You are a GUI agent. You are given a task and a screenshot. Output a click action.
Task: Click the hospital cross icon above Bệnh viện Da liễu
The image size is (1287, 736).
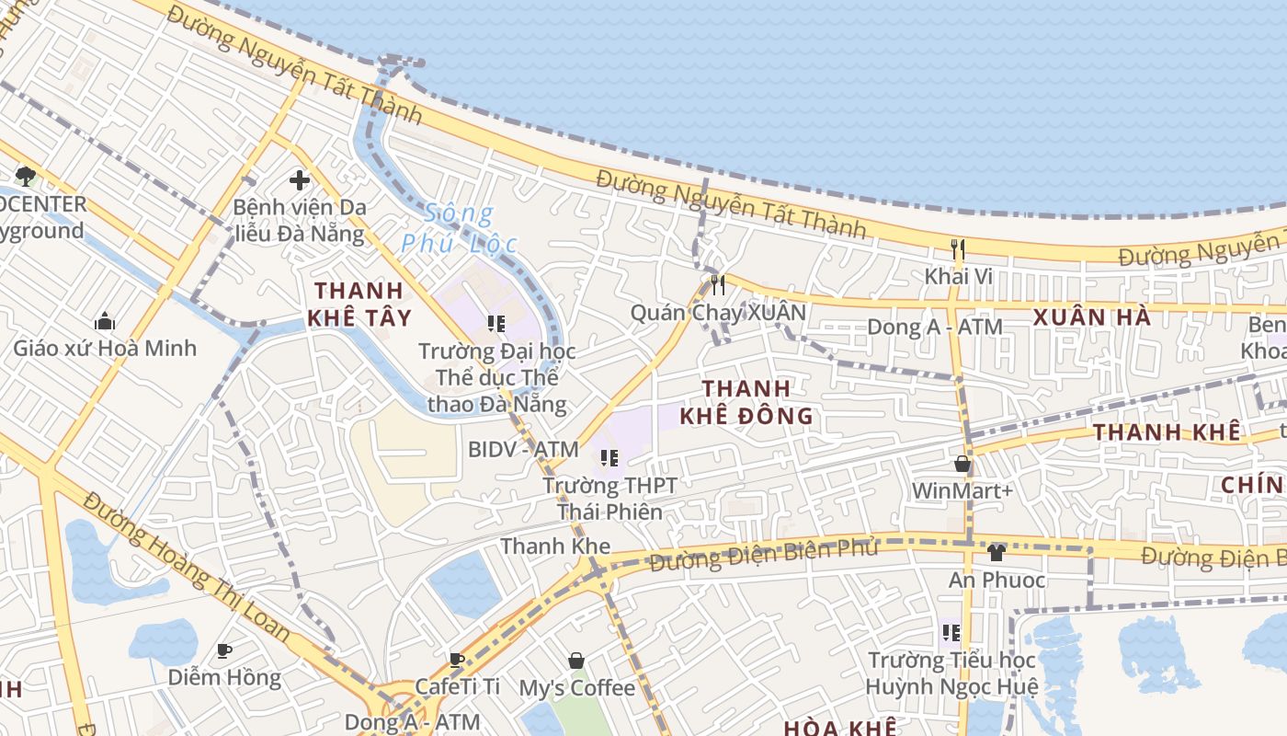(x=299, y=180)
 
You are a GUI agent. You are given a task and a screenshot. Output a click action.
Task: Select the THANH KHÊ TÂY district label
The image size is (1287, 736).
(x=361, y=305)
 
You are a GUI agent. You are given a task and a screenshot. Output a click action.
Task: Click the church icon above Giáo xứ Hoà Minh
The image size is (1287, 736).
(x=105, y=321)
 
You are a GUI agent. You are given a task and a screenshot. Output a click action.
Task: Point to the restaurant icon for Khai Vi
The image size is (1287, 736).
(x=958, y=248)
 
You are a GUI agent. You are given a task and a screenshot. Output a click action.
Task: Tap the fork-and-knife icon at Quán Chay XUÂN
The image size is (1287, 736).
(x=718, y=285)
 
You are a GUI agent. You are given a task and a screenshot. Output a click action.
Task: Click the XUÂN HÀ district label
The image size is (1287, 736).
(x=1091, y=317)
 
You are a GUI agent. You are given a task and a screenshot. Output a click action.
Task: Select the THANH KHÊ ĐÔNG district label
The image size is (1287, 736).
(x=746, y=402)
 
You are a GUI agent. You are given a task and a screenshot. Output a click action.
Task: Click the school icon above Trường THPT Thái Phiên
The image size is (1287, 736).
(x=608, y=457)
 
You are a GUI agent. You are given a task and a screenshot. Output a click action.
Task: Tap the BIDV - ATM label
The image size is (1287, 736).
(x=523, y=450)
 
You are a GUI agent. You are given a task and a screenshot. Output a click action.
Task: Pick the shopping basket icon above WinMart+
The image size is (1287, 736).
(x=962, y=464)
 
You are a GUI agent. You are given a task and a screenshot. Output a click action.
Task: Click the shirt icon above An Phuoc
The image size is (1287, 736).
(x=997, y=553)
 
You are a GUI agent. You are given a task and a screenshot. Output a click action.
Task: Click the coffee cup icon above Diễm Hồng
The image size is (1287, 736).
(x=224, y=651)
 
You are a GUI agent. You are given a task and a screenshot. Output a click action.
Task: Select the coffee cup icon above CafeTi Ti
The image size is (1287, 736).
(x=457, y=660)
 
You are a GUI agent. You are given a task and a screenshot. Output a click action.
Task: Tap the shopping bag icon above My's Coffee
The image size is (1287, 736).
(x=576, y=661)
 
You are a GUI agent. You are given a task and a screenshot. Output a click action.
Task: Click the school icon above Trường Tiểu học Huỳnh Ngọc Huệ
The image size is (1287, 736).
(x=951, y=633)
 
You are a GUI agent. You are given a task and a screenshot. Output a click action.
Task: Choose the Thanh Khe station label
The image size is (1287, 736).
(x=555, y=546)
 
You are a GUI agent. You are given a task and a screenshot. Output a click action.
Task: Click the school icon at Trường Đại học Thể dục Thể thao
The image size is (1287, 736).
(x=496, y=324)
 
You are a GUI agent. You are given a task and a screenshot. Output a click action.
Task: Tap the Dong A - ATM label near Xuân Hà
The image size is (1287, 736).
(x=935, y=327)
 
